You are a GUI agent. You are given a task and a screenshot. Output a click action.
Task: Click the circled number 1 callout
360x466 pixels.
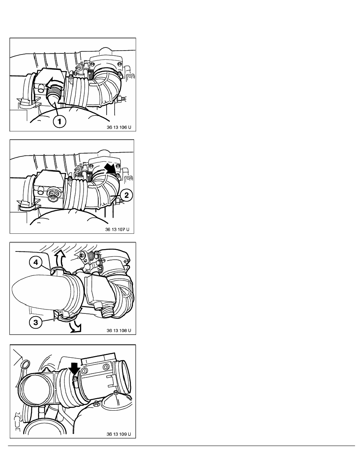point(59,121)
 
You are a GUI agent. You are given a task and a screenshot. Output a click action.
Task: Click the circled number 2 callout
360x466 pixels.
point(127,195)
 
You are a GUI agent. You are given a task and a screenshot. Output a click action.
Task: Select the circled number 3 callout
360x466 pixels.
point(36,322)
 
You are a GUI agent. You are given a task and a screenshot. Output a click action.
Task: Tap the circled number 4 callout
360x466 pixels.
point(36,262)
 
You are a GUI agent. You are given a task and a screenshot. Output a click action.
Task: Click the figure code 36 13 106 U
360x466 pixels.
point(119,127)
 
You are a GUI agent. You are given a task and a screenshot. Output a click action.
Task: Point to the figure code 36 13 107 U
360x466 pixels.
point(117,229)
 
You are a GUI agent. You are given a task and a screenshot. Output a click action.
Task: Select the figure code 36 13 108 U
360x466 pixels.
point(119,331)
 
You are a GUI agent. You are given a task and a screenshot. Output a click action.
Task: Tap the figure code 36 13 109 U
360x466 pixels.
point(119,434)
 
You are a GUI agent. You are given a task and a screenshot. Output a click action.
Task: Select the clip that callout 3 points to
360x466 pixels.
point(67,318)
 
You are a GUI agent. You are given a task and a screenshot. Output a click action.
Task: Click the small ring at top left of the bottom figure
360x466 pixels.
point(26,364)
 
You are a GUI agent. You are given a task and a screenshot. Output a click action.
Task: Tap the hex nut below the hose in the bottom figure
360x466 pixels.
point(96,403)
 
